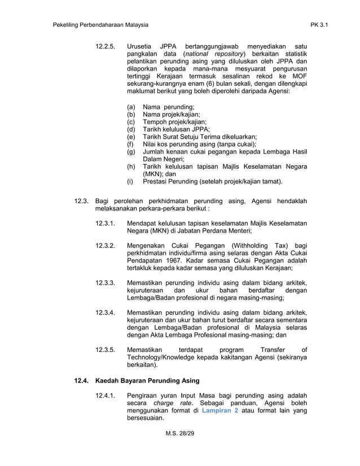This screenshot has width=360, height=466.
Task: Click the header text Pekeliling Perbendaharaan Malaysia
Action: click(x=100, y=25)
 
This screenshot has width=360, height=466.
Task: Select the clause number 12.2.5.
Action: click(x=106, y=45)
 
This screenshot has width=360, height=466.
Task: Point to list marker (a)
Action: click(x=131, y=107)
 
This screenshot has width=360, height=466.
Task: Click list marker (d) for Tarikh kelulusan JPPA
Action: click(x=131, y=129)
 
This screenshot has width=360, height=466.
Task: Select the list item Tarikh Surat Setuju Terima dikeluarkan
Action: click(x=200, y=137)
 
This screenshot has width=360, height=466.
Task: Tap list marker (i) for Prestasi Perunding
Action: click(x=131, y=182)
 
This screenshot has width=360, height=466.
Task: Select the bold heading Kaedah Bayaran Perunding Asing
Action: click(x=144, y=380)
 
